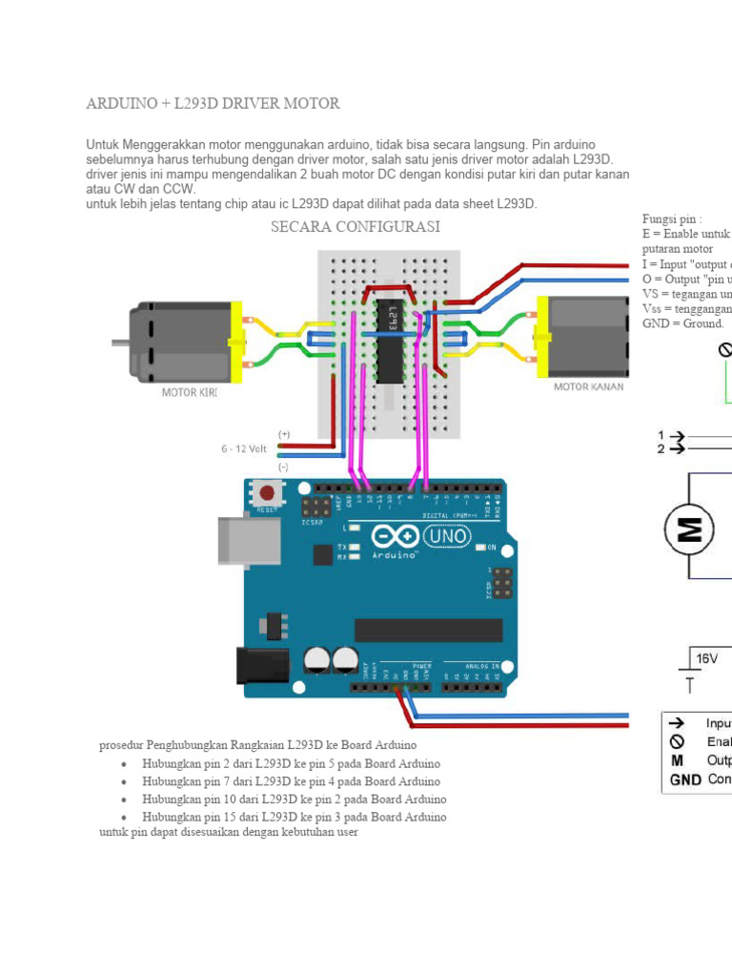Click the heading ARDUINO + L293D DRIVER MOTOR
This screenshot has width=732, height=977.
coord(213,103)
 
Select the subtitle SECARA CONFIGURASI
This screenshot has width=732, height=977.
coord(356,227)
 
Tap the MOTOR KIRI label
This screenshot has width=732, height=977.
coord(189,392)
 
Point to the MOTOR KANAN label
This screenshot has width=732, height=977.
coord(589,386)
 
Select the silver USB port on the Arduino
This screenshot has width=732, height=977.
coord(249,539)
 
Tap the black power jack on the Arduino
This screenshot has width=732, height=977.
coord(261,667)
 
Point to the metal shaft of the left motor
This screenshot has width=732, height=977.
coord(120,341)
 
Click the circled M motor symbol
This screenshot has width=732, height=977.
coord(689,528)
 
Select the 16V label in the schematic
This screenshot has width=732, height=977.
coord(706,658)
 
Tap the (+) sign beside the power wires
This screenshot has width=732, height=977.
coord(284,434)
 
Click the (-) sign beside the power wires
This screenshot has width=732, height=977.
coord(283,468)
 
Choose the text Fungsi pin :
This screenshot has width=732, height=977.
coord(672,219)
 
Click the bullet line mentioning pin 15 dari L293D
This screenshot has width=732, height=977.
coord(292,817)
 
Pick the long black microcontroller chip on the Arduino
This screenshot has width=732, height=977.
coord(428,630)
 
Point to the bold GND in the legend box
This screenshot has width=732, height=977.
coord(684,779)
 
